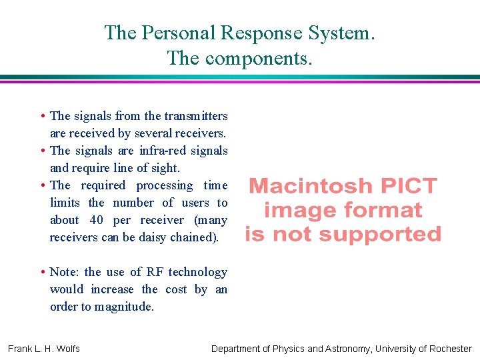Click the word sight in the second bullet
click(165, 168)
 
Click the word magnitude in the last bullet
click(124, 307)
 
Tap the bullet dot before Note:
click(42, 272)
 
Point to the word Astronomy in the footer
click(344, 349)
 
